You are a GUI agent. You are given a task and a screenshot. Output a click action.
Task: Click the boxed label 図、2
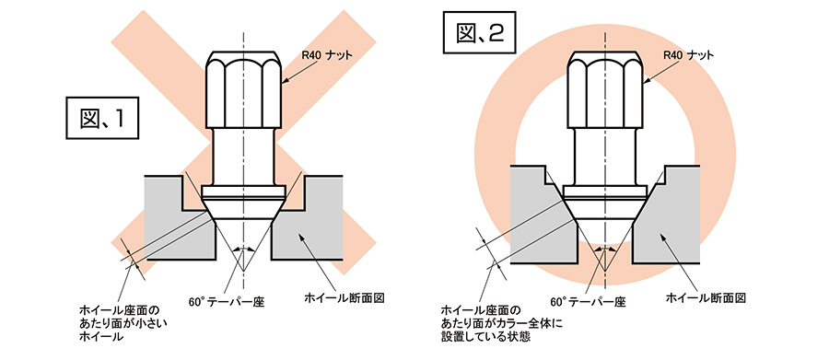coord(480,34)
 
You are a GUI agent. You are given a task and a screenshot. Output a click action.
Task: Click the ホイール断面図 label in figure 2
coord(706,298)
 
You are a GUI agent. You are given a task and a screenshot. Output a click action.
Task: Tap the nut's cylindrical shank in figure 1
coord(244,156)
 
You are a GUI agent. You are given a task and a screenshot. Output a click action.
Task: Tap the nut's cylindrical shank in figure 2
coord(605,156)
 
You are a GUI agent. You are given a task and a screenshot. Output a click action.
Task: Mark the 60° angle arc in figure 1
coord(244,248)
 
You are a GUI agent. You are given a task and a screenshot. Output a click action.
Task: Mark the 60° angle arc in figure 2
coord(605,248)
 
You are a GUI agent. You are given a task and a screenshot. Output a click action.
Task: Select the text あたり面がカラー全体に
coord(502,323)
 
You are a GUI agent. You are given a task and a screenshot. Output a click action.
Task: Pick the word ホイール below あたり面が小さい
coord(101,337)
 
